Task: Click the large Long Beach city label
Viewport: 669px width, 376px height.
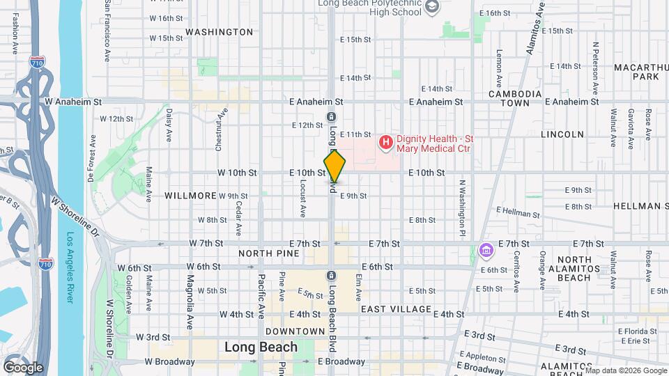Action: coord(261,347)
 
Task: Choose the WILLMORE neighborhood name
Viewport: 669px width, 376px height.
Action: coord(191,196)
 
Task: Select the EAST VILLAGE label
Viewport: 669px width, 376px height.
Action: coord(397,308)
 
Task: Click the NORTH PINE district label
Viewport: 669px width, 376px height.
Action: coord(269,253)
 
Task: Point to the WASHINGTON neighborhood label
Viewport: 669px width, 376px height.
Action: coord(220,32)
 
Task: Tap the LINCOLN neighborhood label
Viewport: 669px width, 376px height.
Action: coord(567,134)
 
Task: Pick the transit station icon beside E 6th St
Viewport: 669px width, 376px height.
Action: coord(331,274)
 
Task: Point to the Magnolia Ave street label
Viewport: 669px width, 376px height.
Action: coord(190,300)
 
